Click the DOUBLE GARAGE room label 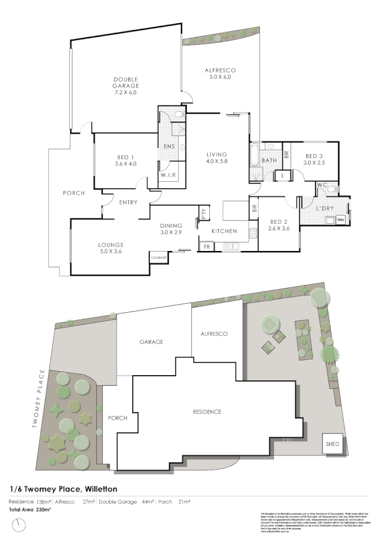pos(125,86)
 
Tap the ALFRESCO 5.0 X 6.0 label pos(220,73)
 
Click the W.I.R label pos(167,175)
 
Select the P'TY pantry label pos(203,214)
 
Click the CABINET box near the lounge pos(158,258)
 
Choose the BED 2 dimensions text pos(277,228)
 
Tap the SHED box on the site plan pos(332,444)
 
